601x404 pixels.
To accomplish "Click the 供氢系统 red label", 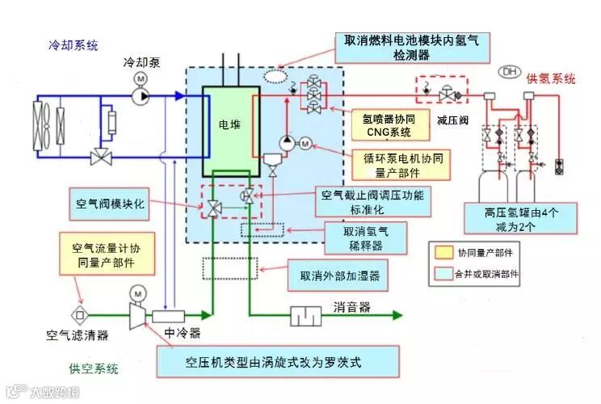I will click(551, 78).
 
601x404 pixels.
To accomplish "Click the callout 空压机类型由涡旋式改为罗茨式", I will click(278, 360).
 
